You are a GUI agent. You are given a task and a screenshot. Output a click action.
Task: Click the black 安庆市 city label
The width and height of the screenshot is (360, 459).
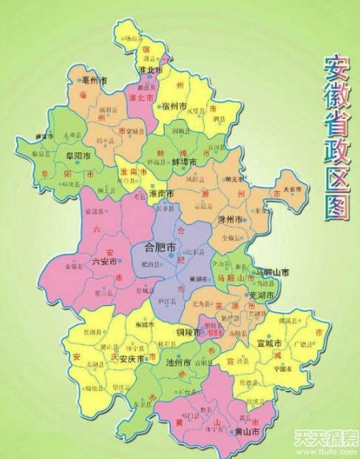click(x=129, y=358)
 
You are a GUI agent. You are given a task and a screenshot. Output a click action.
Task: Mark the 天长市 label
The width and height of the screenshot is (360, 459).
click(x=289, y=189)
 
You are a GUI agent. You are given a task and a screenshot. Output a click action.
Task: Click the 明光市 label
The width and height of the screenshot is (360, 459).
click(x=235, y=179)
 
